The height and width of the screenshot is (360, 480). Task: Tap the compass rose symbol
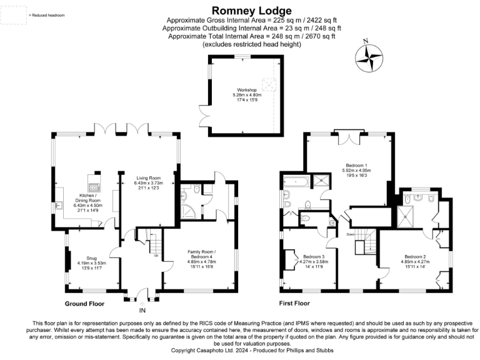coord(369,58)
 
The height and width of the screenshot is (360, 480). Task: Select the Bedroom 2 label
coord(415,261)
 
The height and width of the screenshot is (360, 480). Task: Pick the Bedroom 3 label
coord(314,261)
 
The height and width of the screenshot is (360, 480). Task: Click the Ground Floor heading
coord(84,303)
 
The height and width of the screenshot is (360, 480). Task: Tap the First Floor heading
coord(294,303)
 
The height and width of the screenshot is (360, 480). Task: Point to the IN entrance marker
coord(142,310)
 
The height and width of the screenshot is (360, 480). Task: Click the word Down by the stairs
coord(351,234)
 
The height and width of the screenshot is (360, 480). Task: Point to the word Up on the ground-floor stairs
coord(156,254)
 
